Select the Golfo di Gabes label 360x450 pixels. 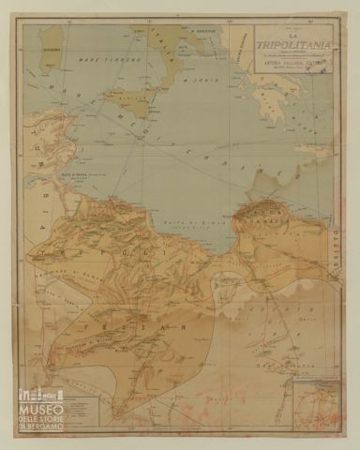point(64,173)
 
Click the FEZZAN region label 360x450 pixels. point(150,319)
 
